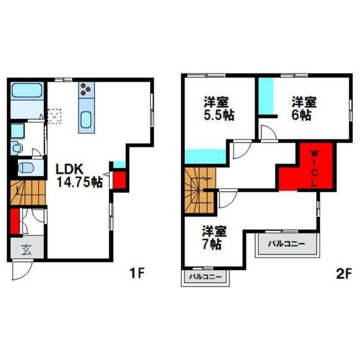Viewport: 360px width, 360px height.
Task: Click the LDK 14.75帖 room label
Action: [80, 176]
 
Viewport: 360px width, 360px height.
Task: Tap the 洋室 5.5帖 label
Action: [219, 109]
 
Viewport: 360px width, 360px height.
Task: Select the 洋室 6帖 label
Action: [303, 109]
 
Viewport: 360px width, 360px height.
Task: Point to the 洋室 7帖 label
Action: [214, 238]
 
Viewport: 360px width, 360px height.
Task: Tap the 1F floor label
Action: [137, 273]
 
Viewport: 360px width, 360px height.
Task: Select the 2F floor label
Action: [344, 274]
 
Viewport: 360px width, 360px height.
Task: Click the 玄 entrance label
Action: [26, 250]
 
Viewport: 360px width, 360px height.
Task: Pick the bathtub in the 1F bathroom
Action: [27, 90]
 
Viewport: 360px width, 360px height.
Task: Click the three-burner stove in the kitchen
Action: [86, 89]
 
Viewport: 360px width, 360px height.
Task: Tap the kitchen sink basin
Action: [86, 120]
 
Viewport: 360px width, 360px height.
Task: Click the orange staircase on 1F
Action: [28, 193]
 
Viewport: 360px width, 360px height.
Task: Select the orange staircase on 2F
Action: [201, 190]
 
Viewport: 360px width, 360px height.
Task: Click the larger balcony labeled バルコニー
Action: [287, 244]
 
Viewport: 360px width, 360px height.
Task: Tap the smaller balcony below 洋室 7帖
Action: [205, 277]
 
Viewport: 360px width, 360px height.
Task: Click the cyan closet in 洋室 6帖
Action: [266, 96]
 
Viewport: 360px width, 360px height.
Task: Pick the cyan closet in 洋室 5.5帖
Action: [205, 156]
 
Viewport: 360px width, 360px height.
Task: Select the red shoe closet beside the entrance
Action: [15, 221]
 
